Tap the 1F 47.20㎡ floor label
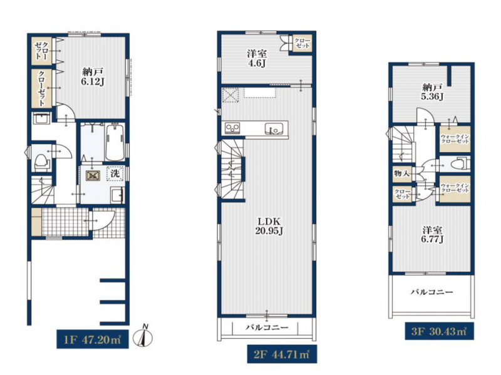[x=93, y=339]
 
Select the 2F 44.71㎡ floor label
[x=282, y=354]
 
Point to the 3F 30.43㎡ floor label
[x=440, y=331]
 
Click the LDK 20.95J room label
[x=269, y=226]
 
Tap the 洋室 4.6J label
[x=257, y=58]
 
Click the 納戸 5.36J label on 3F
[x=432, y=91]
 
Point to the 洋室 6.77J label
[x=432, y=235]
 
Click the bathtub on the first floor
[x=115, y=143]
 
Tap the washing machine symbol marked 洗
[x=115, y=173]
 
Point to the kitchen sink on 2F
[x=274, y=129]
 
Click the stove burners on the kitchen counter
[x=232, y=128]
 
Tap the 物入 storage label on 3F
[x=402, y=174]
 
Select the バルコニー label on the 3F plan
[x=432, y=292]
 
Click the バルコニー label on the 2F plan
[x=267, y=327]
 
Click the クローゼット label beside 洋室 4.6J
[x=302, y=43]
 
